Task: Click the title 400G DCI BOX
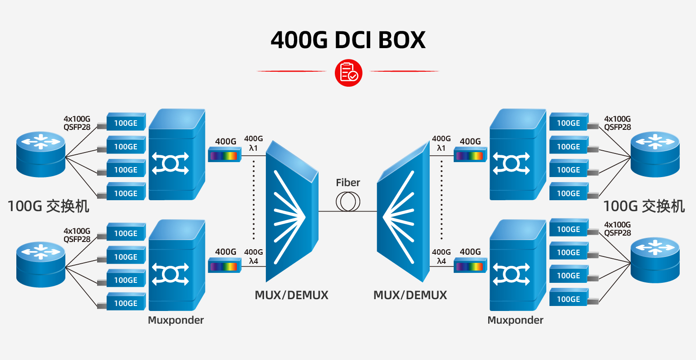coord(348,40)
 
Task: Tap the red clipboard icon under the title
coord(348,73)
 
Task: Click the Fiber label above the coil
coord(348,182)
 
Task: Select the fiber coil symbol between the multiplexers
coord(348,202)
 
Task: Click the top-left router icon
coord(41,153)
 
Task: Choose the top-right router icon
coord(655,153)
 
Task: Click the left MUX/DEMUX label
coord(291,295)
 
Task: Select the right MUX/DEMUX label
coord(410,295)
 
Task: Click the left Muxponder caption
coord(176,320)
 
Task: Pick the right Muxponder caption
coord(515,320)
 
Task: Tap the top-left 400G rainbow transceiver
coord(224,155)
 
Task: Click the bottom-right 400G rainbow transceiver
coord(470,266)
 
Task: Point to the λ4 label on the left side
coord(253,261)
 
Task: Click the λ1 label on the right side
coord(441,148)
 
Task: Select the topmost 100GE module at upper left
coord(126,123)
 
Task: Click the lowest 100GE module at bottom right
coord(569,299)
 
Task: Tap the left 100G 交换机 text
coord(49,206)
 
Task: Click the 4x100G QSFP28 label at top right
coord(617,123)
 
